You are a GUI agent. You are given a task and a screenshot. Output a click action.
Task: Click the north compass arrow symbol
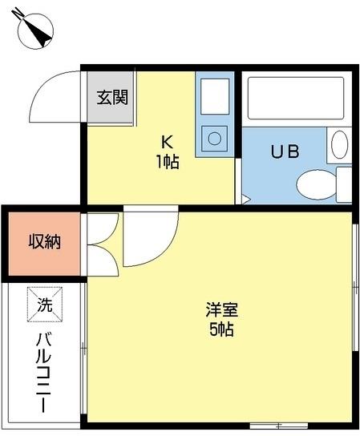(34, 30)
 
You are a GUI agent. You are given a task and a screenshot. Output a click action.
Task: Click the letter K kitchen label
(168, 143)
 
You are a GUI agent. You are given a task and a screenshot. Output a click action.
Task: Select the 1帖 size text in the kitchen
(168, 161)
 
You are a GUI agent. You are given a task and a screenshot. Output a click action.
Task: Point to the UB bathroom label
(285, 152)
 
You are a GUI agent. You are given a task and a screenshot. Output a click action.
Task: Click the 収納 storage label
(44, 241)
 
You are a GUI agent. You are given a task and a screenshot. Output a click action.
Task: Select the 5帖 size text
(220, 329)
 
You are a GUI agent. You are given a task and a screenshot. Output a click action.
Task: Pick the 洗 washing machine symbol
(44, 304)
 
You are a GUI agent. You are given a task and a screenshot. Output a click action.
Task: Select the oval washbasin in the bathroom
(340, 145)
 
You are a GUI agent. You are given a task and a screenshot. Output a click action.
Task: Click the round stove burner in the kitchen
(215, 139)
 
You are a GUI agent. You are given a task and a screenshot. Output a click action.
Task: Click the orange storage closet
(44, 241)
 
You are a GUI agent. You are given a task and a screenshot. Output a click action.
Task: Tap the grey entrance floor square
(111, 98)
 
